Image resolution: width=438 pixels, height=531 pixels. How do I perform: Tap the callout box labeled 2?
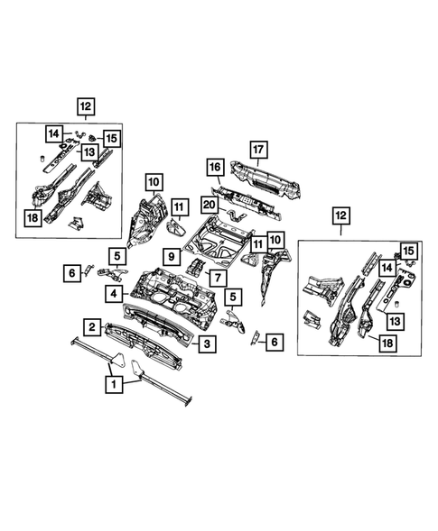(x=91, y=325)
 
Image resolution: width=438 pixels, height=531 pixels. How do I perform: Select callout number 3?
(x=206, y=344)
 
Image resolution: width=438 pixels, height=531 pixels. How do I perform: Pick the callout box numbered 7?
(x=217, y=276)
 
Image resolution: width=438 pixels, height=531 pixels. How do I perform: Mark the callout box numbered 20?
(x=210, y=206)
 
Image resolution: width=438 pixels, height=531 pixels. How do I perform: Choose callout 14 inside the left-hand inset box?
(x=54, y=134)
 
